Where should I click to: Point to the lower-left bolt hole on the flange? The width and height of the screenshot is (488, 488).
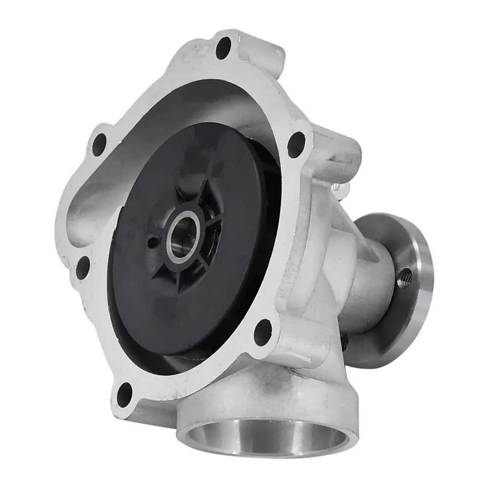[x=83, y=267]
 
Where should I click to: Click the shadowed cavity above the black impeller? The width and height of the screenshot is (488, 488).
[x=205, y=102]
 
